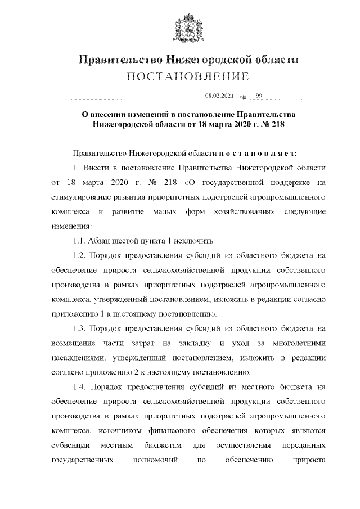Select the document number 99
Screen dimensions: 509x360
click(259, 96)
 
